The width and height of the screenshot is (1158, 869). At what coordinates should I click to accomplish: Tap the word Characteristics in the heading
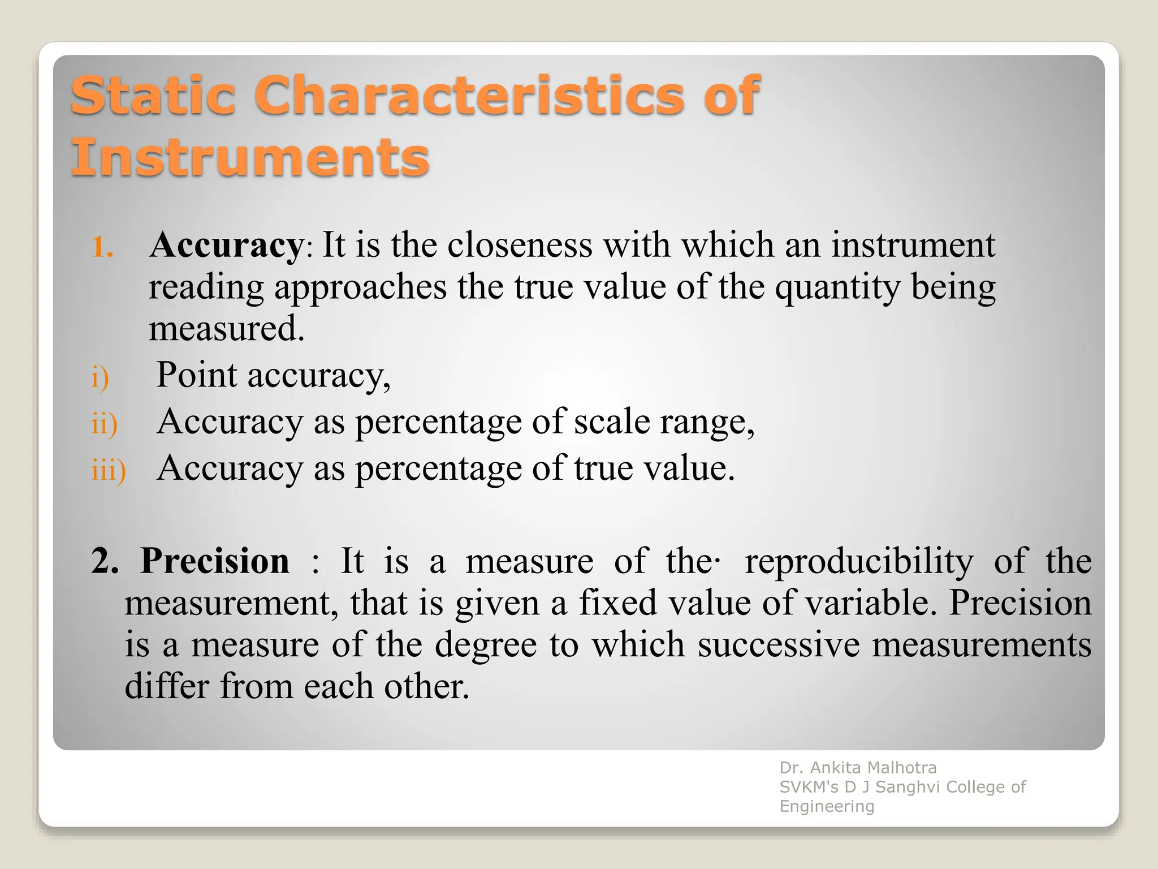[469, 95]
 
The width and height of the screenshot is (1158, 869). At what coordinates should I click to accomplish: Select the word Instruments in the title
[250, 157]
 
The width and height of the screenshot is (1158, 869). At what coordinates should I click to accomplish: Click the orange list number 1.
[102, 247]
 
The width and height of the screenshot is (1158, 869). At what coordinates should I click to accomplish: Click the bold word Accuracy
[226, 246]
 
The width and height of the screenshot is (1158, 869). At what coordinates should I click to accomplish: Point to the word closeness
[519, 245]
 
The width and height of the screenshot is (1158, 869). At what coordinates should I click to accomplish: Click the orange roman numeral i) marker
[100, 377]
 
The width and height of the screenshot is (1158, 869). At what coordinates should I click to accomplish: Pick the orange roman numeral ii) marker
[104, 423]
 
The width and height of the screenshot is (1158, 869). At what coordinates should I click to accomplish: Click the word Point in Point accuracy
[196, 375]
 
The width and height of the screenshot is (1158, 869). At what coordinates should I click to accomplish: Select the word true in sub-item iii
[603, 468]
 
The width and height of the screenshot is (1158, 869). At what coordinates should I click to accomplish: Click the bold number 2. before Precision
[105, 561]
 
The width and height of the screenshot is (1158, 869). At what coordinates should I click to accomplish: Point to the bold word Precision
[214, 561]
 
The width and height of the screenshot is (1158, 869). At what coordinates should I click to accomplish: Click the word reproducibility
[858, 562]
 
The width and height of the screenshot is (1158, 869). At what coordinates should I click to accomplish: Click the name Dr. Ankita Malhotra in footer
[858, 768]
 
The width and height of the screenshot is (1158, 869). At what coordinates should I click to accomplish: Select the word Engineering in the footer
[827, 806]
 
